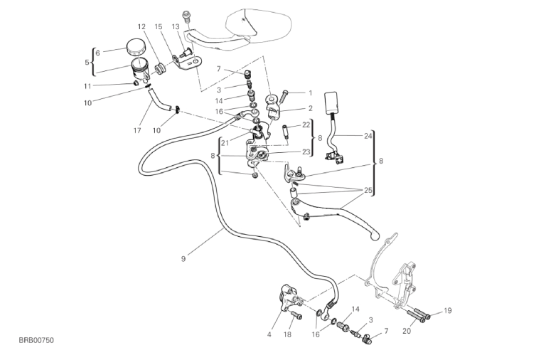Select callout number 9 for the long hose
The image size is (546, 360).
(x=183, y=258)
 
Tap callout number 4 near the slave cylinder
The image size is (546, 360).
(x=270, y=334)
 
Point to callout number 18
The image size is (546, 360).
(x=287, y=334)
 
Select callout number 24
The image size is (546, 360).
(x=368, y=135)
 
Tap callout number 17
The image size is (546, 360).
(x=137, y=130)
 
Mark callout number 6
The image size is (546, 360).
(x=98, y=51)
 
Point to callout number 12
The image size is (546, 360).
(x=141, y=26)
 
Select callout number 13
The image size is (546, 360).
(x=176, y=26)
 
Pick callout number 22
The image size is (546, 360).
(x=306, y=125)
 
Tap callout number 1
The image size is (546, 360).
(x=310, y=92)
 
